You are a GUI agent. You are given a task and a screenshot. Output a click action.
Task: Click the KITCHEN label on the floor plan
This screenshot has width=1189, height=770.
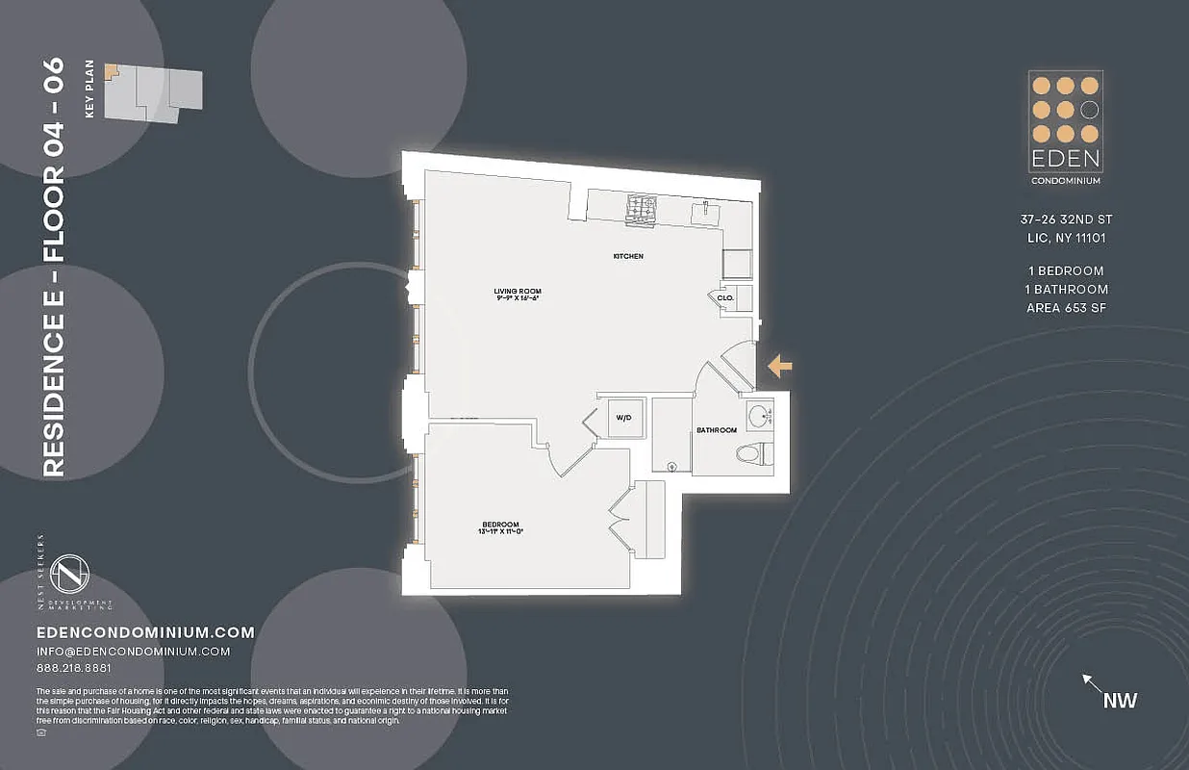[628, 256]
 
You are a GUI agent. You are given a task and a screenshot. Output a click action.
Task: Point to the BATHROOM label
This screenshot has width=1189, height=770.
[717, 430]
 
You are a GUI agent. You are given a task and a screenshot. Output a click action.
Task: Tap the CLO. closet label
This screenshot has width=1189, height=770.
[725, 297]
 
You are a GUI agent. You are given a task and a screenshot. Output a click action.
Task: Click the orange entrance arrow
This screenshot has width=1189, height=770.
[780, 366]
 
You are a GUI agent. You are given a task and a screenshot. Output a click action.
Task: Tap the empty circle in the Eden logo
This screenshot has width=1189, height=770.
[1089, 109]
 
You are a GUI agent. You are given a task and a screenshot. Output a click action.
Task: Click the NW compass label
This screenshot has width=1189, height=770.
[1120, 700]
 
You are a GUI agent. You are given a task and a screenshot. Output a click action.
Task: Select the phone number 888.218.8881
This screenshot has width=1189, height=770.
[73, 668]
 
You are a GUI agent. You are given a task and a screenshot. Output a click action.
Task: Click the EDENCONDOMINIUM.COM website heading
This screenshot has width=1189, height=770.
[145, 632]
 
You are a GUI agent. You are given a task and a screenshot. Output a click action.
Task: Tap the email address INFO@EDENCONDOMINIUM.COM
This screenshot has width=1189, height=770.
[133, 652]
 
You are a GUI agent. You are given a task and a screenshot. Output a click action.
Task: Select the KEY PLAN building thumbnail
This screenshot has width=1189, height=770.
[153, 92]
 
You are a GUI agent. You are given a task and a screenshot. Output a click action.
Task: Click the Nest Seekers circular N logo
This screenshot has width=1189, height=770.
[70, 575]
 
